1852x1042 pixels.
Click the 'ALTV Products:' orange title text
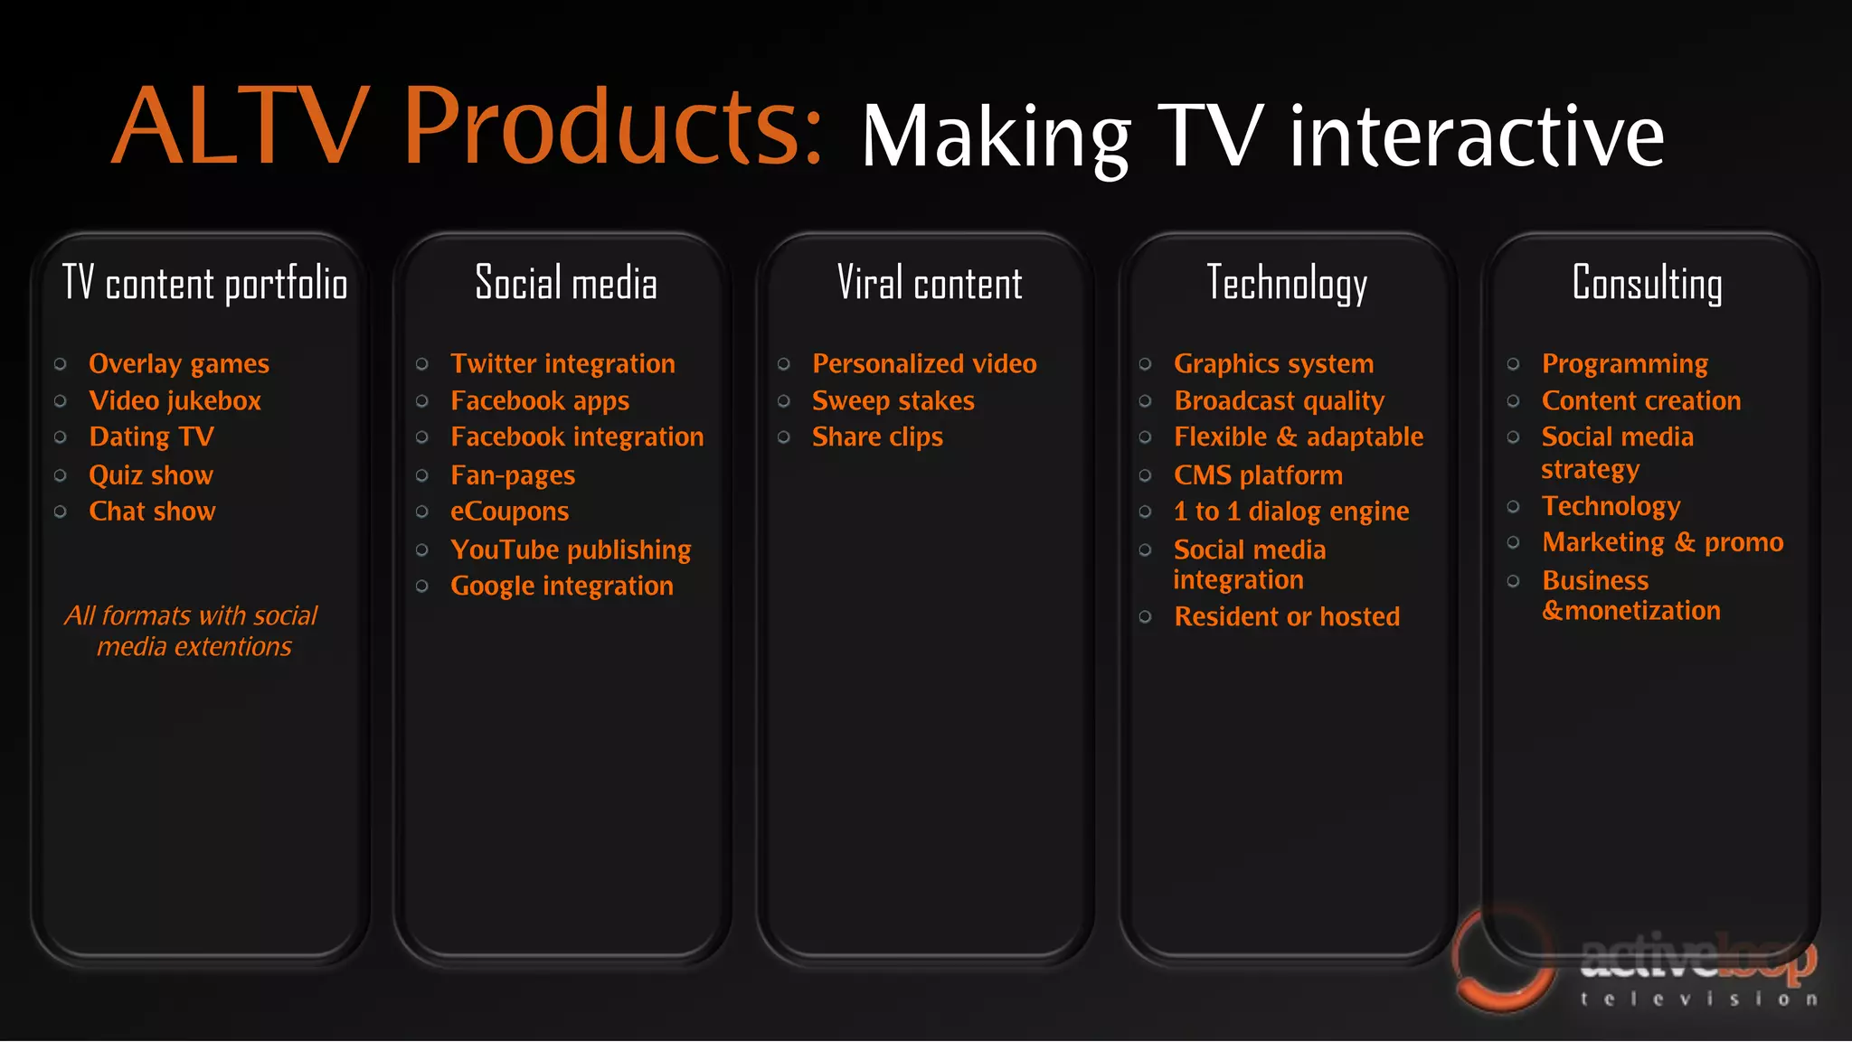(x=466, y=127)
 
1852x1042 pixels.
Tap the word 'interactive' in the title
(x=1476, y=137)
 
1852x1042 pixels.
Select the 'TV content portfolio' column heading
(x=205, y=284)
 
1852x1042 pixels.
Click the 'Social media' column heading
(x=566, y=284)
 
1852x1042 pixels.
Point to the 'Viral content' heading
(x=930, y=284)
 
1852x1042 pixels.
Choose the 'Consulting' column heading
(x=1647, y=284)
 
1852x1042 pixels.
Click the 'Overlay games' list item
(x=179, y=364)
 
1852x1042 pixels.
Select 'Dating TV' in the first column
(x=151, y=437)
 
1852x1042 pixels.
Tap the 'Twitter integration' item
(x=562, y=364)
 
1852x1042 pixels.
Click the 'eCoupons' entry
(x=509, y=512)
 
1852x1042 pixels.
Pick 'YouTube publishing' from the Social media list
(x=571, y=549)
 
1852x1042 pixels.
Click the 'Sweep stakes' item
(x=893, y=401)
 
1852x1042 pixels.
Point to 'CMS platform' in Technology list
(x=1258, y=475)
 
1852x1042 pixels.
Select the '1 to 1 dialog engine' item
(x=1291, y=512)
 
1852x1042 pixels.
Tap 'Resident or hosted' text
(x=1287, y=617)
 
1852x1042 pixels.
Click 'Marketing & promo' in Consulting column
(x=1662, y=542)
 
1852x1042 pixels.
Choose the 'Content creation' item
(x=1640, y=401)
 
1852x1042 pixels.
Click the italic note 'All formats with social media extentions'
(x=192, y=631)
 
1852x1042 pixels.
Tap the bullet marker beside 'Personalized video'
(x=784, y=364)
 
